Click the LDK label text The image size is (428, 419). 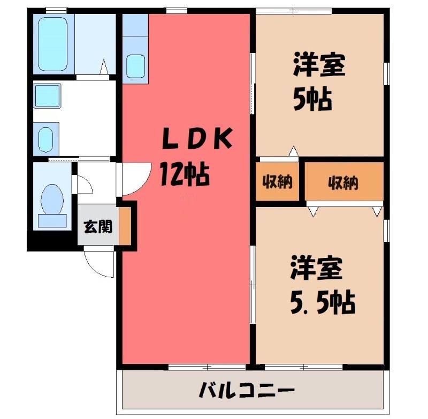(197, 139)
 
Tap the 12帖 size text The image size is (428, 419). (185, 174)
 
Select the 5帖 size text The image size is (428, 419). (312, 99)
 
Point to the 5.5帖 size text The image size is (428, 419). (323, 302)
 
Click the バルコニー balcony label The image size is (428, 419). (247, 390)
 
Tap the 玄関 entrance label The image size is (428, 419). (98, 226)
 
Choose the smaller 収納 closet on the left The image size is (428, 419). (277, 181)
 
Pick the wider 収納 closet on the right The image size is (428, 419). (344, 181)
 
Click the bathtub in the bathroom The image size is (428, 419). (52, 44)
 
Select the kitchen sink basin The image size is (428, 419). (135, 66)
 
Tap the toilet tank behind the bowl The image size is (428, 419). (52, 220)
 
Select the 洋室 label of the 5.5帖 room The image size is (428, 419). (317, 268)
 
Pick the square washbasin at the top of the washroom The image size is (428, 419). (47, 96)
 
